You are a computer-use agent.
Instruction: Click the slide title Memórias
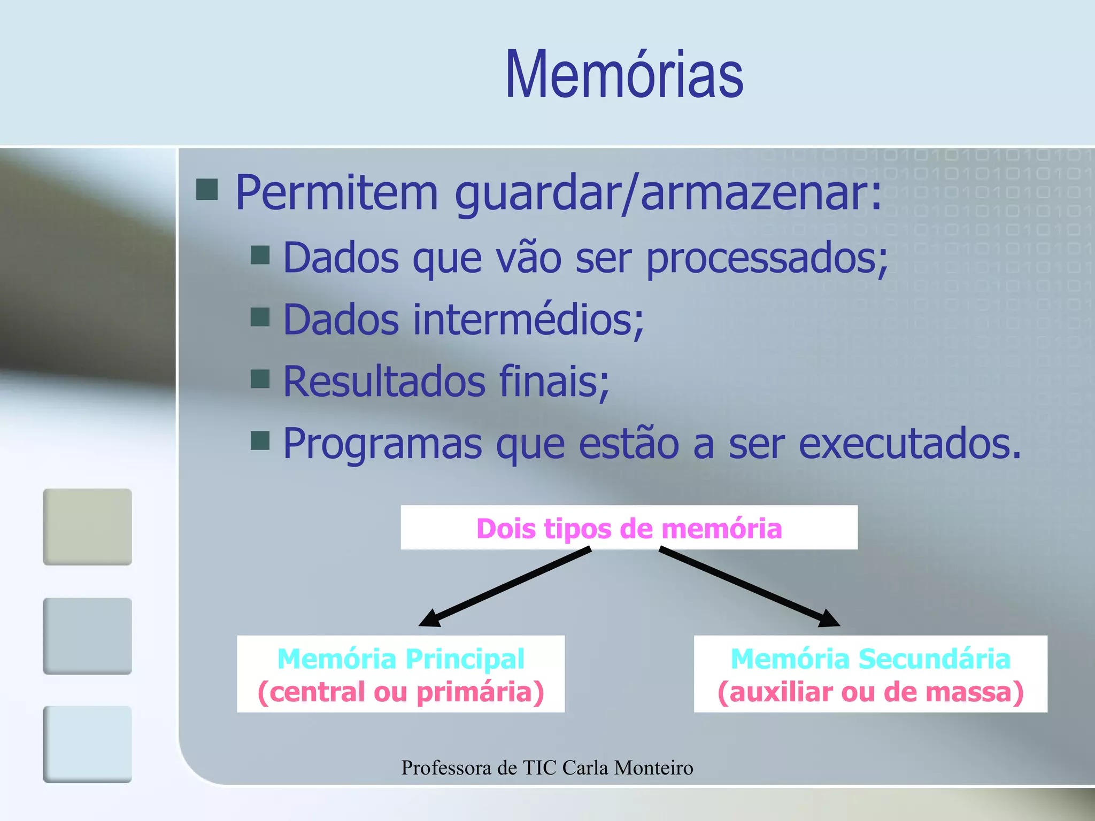click(624, 75)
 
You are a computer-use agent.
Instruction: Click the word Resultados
click(384, 382)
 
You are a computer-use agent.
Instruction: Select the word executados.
click(909, 444)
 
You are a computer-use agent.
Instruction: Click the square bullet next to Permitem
click(207, 189)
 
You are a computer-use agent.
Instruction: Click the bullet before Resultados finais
click(260, 378)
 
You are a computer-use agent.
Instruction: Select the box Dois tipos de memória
click(629, 528)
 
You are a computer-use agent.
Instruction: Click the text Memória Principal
click(400, 659)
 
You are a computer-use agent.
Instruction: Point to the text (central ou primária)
click(400, 692)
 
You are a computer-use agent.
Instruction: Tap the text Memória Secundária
click(870, 659)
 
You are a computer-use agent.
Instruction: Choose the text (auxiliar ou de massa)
click(870, 692)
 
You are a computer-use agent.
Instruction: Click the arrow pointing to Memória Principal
click(505, 586)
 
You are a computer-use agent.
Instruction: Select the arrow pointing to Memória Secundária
click(749, 586)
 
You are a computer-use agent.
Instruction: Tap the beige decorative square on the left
click(87, 526)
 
